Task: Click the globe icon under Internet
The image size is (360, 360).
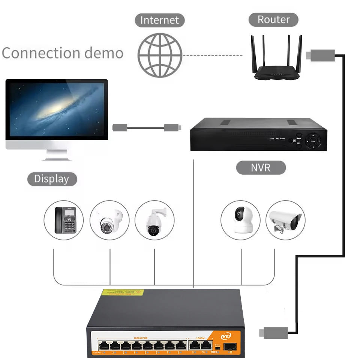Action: (160, 55)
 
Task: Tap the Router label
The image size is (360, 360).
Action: (274, 19)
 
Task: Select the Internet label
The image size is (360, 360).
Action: (160, 20)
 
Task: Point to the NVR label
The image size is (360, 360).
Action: (261, 167)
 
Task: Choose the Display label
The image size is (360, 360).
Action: (52, 179)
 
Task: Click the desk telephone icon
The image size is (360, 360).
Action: (65, 220)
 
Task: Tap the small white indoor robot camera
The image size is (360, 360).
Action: (240, 220)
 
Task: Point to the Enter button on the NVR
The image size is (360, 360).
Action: (313, 141)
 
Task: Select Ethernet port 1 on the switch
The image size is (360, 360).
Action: (103, 345)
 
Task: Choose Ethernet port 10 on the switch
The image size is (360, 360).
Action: (205, 345)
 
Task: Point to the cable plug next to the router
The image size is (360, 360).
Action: (320, 55)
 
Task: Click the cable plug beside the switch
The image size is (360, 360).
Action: (274, 332)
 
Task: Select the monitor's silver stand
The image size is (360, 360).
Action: (56, 155)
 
